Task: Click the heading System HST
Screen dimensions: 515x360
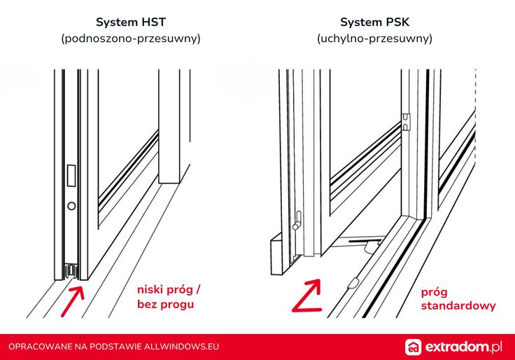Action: pyautogui.click(x=131, y=22)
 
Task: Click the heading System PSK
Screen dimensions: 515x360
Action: pyautogui.click(x=375, y=22)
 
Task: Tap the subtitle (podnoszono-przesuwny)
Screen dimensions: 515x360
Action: pyautogui.click(x=131, y=39)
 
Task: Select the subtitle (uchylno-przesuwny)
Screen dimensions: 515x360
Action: pyautogui.click(x=375, y=39)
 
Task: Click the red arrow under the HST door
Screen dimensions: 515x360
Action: pyautogui.click(x=73, y=301)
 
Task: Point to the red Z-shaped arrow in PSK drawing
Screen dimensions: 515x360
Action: pyautogui.click(x=307, y=296)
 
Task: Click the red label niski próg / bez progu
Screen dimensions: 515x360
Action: pyautogui.click(x=169, y=297)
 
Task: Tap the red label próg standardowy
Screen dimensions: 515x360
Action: pyautogui.click(x=458, y=299)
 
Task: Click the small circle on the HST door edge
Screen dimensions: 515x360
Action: pyautogui.click(x=71, y=206)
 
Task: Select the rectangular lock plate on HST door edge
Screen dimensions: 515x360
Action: pyautogui.click(x=71, y=176)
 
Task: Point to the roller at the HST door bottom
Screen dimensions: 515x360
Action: pyautogui.click(x=71, y=271)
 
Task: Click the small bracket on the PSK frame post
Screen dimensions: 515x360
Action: pyautogui.click(x=406, y=122)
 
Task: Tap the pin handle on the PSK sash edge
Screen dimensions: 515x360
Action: pyautogui.click(x=297, y=221)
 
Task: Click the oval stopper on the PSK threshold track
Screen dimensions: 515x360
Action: pyautogui.click(x=353, y=283)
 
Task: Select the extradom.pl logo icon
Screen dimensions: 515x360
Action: pyautogui.click(x=413, y=347)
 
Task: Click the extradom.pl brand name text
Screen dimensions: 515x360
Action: pyautogui.click(x=464, y=347)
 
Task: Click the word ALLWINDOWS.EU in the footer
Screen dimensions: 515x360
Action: pyautogui.click(x=182, y=347)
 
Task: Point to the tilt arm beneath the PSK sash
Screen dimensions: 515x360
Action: pyautogui.click(x=360, y=242)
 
